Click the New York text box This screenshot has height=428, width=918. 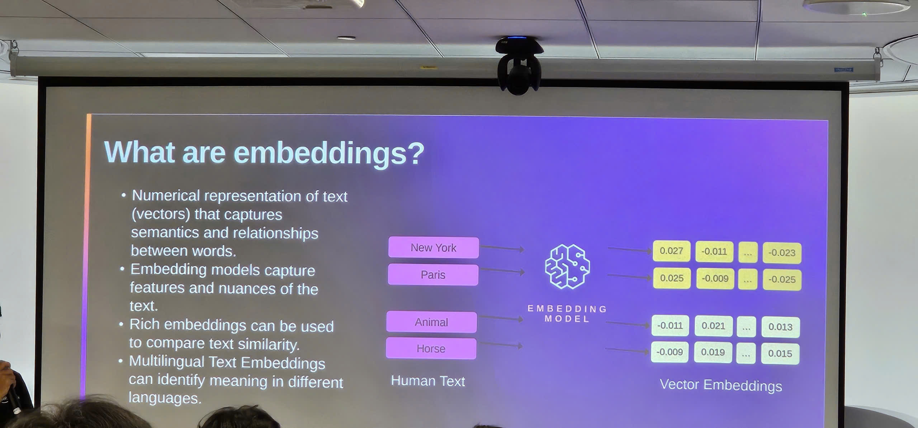click(433, 247)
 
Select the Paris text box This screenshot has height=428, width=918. click(433, 275)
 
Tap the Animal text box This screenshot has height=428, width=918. click(431, 322)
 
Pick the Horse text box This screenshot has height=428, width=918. click(431, 348)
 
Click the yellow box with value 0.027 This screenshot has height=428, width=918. click(671, 251)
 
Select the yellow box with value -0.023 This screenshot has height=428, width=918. click(782, 253)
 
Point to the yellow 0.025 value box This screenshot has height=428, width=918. click(672, 278)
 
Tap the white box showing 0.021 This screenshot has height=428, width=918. click(713, 326)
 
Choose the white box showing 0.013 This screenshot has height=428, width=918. click(780, 327)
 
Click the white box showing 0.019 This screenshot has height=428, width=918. click(713, 352)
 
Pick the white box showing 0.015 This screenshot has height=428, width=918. click(780, 354)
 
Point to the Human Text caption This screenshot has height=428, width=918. click(428, 381)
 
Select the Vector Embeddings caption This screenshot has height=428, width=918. click(721, 385)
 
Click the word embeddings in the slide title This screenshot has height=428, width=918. click(329, 153)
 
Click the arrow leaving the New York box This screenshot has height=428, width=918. click(502, 248)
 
